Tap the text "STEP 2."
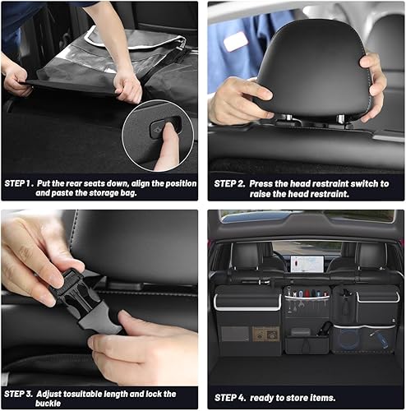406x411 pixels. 231,183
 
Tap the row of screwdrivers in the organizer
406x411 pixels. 306,293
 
